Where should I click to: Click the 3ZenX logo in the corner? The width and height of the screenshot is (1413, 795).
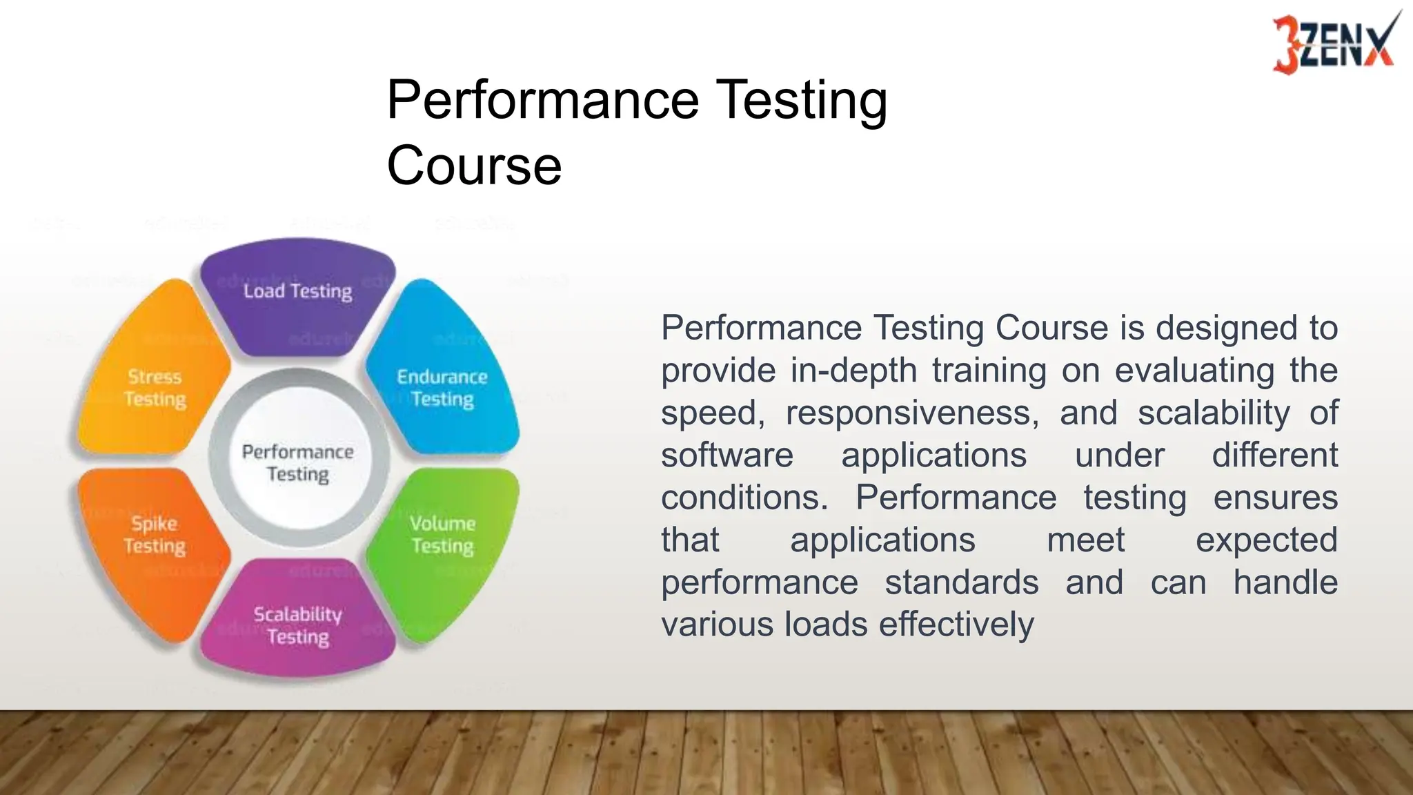click(x=1333, y=43)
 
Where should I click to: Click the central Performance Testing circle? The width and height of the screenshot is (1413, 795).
click(x=298, y=463)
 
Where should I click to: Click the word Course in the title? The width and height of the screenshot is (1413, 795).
click(x=474, y=166)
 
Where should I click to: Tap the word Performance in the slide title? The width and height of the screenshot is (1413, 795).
click(x=543, y=100)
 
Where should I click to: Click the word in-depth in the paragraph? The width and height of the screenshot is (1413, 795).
click(x=853, y=371)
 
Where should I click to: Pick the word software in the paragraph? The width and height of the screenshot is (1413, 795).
click(x=727, y=455)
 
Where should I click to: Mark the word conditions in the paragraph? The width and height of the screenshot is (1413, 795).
click(x=744, y=498)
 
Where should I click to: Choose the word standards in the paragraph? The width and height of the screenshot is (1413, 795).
click(x=962, y=582)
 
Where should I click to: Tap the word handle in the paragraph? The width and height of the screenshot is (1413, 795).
click(x=1285, y=582)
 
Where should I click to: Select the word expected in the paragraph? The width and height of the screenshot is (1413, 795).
click(x=1266, y=540)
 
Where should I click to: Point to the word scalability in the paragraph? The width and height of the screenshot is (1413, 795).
click(x=1214, y=413)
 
